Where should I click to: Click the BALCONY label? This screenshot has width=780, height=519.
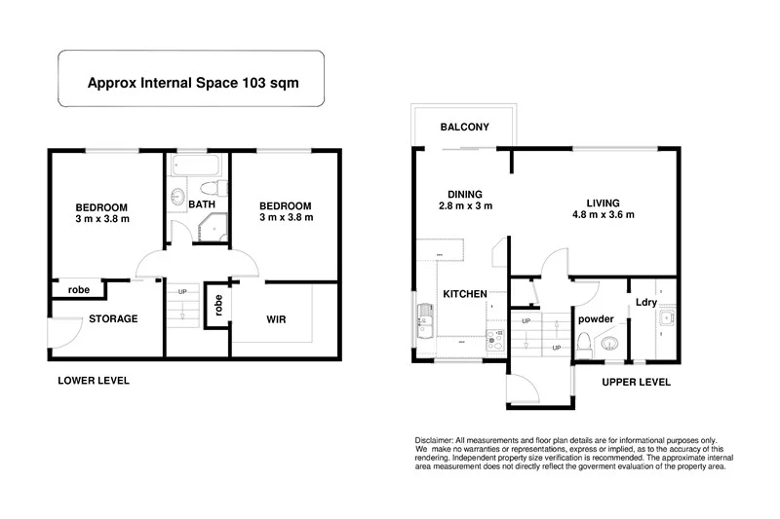[x=464, y=128]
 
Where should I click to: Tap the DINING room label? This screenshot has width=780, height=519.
[x=465, y=194]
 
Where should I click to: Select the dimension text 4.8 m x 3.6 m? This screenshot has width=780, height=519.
[x=603, y=214]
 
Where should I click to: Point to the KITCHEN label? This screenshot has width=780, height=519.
[x=466, y=294]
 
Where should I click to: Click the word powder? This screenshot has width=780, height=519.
[x=596, y=318]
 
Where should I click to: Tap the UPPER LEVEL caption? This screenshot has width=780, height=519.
[x=636, y=383]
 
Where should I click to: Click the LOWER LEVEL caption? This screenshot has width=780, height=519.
[x=94, y=381]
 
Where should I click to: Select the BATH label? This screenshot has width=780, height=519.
[x=203, y=204]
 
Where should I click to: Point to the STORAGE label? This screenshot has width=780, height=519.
[x=113, y=318]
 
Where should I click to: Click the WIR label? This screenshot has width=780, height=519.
[x=275, y=319]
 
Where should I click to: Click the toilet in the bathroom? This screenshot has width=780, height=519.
[x=207, y=187]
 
